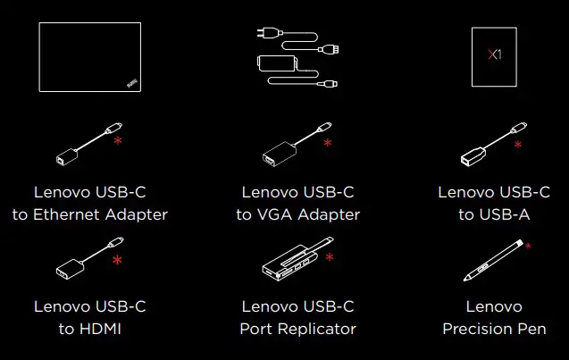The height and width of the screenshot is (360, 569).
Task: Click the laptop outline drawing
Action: (88, 57)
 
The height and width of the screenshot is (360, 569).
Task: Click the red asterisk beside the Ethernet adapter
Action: (118, 140)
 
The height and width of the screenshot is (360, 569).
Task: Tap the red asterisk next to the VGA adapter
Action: (327, 143)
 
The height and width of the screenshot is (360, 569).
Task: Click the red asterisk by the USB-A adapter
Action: (518, 143)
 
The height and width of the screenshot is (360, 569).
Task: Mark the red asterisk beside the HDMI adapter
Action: (117, 260)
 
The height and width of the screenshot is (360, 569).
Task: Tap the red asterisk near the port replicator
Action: (330, 257)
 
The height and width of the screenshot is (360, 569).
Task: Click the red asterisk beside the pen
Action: (528, 245)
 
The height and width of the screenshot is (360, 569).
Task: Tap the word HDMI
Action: (101, 329)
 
